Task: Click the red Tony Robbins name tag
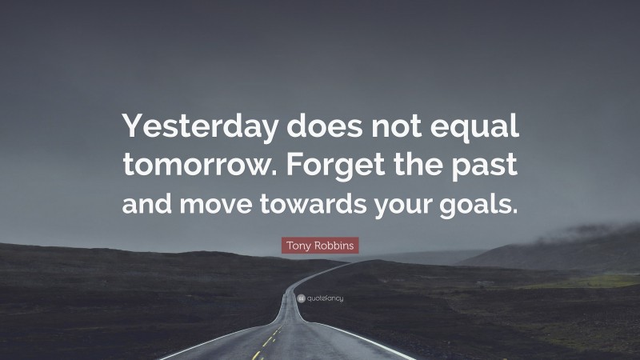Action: [x=320, y=245]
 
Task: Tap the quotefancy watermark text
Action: [x=323, y=298]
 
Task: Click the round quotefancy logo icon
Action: [x=298, y=298]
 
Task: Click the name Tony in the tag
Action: [x=298, y=245]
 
